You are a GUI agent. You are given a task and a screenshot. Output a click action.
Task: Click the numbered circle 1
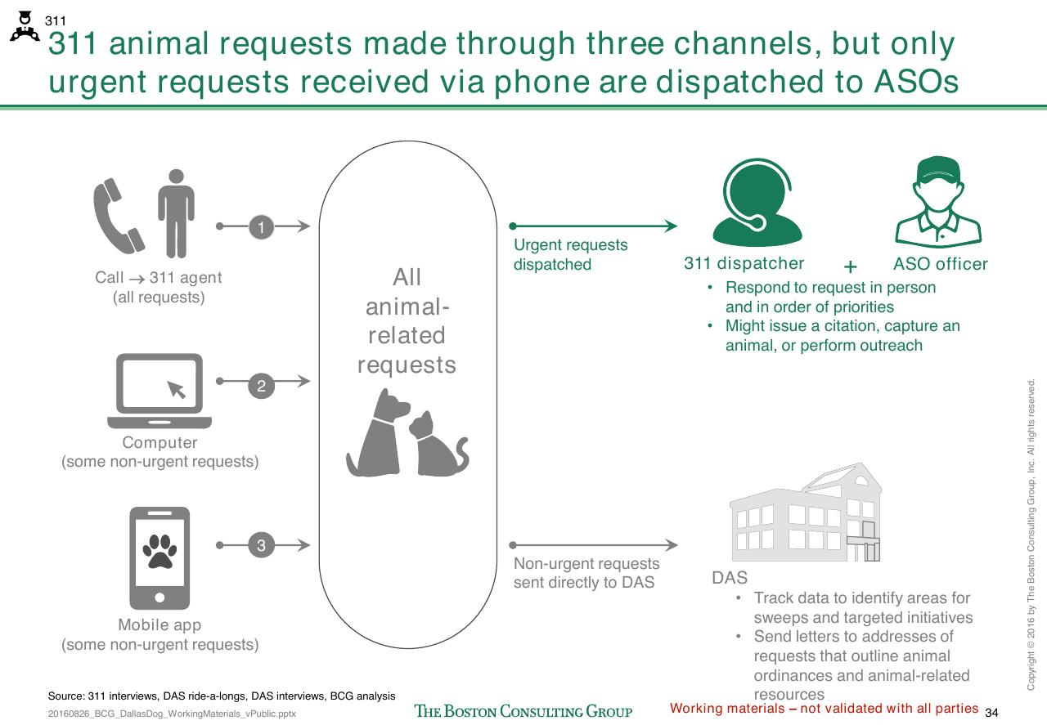click(x=261, y=227)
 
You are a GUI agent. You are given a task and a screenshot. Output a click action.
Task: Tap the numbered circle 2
click(x=261, y=386)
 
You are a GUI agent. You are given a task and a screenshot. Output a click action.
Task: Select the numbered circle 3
click(x=261, y=545)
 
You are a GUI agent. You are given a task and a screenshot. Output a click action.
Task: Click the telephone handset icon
click(x=119, y=217)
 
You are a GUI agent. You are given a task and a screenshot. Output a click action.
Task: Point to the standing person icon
click(x=176, y=213)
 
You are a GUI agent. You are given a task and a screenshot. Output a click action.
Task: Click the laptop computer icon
click(x=160, y=391)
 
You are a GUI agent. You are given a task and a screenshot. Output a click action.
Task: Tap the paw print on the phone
click(x=160, y=551)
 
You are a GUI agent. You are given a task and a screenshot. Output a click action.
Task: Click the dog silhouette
click(x=379, y=432)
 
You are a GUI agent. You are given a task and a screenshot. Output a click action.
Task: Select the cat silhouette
click(x=438, y=445)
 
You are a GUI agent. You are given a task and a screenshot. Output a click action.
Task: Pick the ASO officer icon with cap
click(x=938, y=201)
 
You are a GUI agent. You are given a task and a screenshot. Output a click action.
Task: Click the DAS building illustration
click(x=806, y=512)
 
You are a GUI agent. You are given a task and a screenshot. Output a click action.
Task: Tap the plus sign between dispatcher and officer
click(x=850, y=266)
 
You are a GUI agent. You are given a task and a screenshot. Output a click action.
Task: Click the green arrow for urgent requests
click(x=593, y=226)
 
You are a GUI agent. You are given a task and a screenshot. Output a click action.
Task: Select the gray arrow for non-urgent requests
click(x=593, y=544)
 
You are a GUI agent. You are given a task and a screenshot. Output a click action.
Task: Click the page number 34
click(x=991, y=713)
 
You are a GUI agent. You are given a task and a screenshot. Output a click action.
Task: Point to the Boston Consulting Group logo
click(x=523, y=711)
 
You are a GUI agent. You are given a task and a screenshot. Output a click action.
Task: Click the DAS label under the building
click(x=729, y=578)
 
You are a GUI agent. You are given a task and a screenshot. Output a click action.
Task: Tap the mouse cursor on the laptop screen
click(x=176, y=390)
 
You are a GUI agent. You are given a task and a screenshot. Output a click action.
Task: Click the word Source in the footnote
click(x=65, y=696)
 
